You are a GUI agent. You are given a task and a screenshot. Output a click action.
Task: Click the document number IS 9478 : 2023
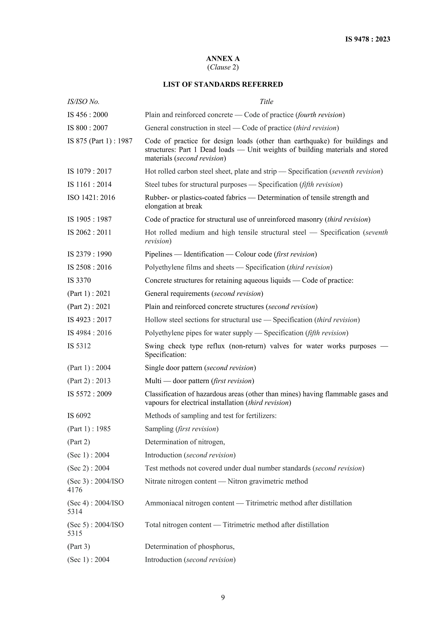pos(367,39)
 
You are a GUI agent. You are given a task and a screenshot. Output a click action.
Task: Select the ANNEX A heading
pos(223,59)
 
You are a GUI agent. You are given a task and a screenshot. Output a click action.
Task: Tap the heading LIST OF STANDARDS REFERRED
pos(223,84)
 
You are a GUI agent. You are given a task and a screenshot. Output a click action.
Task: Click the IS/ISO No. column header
pos(83,102)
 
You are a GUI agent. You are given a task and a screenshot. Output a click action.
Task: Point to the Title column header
pos(266,102)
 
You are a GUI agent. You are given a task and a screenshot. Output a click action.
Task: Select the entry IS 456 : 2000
pos(88,115)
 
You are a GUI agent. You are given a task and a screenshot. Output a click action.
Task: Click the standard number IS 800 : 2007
pos(88,128)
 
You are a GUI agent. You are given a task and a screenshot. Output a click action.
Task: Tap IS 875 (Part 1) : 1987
pos(100,141)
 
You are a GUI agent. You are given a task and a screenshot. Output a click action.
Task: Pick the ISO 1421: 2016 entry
pos(91,198)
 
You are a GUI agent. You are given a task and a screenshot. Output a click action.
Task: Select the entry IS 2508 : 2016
pos(90,267)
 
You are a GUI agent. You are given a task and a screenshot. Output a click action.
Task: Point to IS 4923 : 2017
pos(90,320)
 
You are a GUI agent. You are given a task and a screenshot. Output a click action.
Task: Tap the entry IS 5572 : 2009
pos(90,394)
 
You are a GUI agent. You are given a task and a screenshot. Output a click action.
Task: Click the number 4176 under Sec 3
pos(75,490)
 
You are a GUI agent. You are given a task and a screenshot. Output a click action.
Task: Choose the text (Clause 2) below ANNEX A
pos(223,67)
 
